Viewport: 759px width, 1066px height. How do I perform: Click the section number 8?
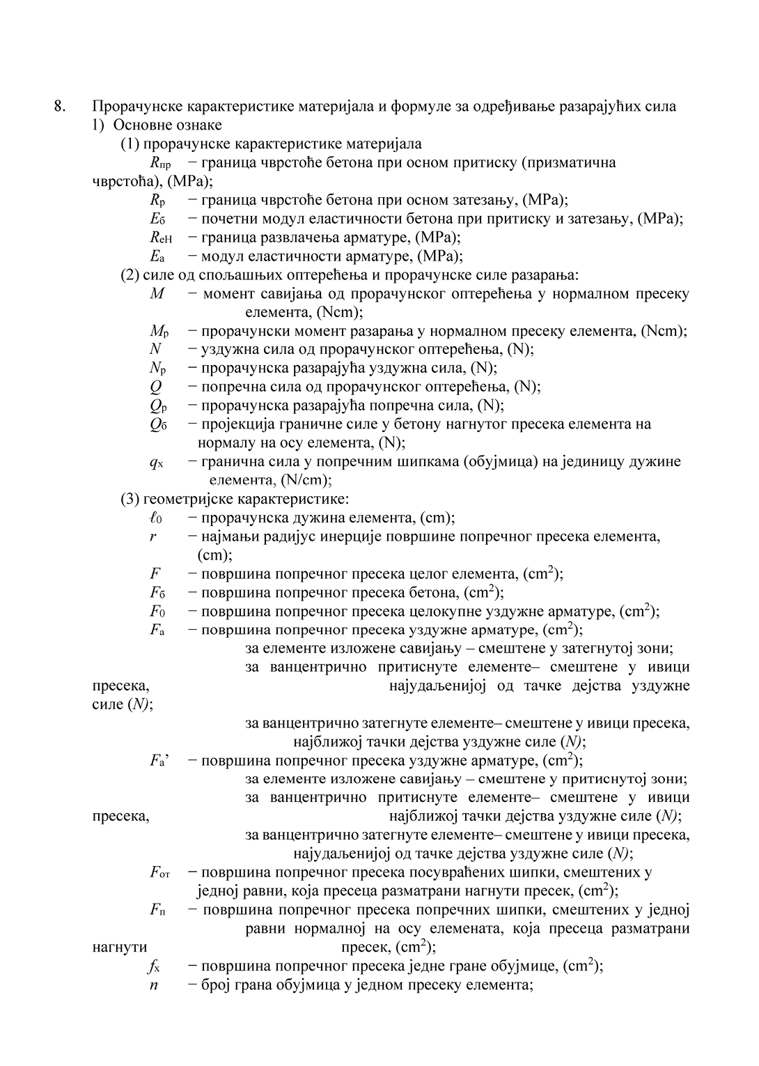(x=60, y=107)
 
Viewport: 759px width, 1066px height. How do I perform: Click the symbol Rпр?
(x=159, y=164)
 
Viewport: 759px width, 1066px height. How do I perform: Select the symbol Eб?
(x=157, y=219)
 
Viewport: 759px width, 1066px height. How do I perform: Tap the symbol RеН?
(x=160, y=238)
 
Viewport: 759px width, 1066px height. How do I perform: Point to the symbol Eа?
(x=157, y=256)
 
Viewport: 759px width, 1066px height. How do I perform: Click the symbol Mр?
(x=158, y=331)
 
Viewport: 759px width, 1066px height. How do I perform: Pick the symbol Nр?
(x=157, y=368)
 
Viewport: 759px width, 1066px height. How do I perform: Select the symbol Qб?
(x=158, y=424)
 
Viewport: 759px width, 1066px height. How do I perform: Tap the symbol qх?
(x=156, y=462)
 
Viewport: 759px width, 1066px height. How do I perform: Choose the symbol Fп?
(x=157, y=910)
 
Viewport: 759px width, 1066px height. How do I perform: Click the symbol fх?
(x=154, y=966)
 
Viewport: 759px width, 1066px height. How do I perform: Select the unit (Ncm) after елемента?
(x=337, y=312)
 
